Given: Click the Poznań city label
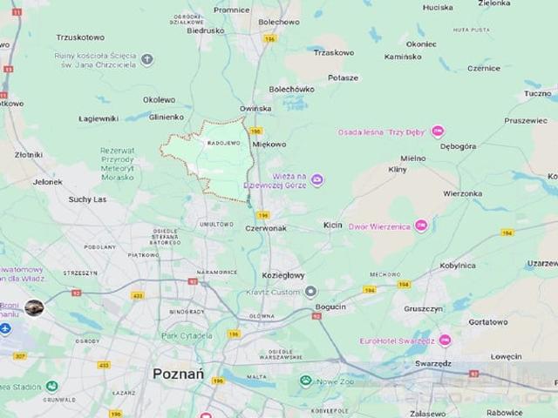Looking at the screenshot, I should [x=178, y=373].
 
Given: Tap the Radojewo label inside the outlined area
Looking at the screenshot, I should [x=223, y=143].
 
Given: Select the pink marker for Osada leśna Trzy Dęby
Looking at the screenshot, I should [x=438, y=132].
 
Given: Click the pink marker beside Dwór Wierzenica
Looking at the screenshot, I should [x=421, y=226].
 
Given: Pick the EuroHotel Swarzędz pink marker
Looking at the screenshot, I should [x=445, y=340].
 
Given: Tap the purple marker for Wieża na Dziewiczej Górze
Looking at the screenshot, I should [x=317, y=180].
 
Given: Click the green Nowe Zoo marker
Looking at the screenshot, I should [x=305, y=381].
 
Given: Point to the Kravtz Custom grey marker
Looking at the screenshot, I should [x=311, y=292].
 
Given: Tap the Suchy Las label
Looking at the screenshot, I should [x=87, y=199].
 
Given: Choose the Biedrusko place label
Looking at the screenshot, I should [x=206, y=30].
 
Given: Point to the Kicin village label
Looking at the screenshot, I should [x=332, y=225].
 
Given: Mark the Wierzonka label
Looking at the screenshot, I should [x=462, y=193].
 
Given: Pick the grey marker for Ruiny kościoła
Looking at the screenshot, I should [x=147, y=60].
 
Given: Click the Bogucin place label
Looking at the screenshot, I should [x=330, y=307].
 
